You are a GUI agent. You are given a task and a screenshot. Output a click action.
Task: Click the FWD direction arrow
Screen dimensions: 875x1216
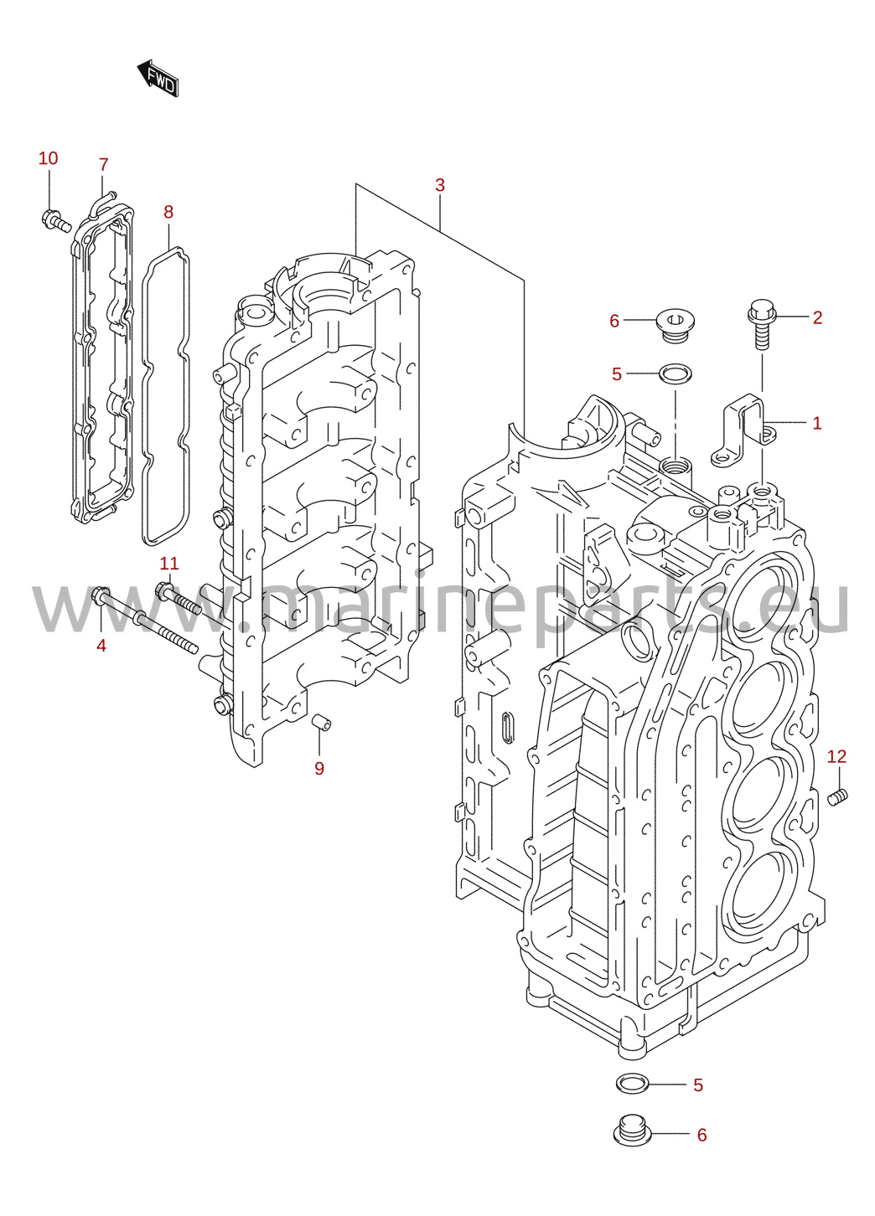click(x=158, y=79)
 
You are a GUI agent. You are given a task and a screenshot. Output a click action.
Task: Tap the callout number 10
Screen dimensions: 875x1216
click(x=48, y=158)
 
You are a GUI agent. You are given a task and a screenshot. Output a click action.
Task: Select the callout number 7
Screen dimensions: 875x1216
click(x=104, y=164)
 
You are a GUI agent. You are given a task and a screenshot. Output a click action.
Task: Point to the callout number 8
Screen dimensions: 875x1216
click(x=168, y=212)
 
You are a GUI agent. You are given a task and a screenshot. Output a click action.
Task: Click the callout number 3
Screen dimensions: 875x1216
click(x=440, y=185)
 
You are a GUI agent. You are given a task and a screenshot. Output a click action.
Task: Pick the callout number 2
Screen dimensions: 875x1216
click(x=817, y=317)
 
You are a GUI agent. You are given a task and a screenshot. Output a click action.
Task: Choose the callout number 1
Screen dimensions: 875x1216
click(x=817, y=423)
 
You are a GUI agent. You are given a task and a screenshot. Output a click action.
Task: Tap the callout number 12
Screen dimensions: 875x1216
click(x=836, y=756)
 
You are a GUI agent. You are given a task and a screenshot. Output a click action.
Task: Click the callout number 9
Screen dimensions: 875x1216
click(x=319, y=768)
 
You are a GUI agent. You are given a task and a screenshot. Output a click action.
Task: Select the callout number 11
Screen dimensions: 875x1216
click(x=169, y=564)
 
